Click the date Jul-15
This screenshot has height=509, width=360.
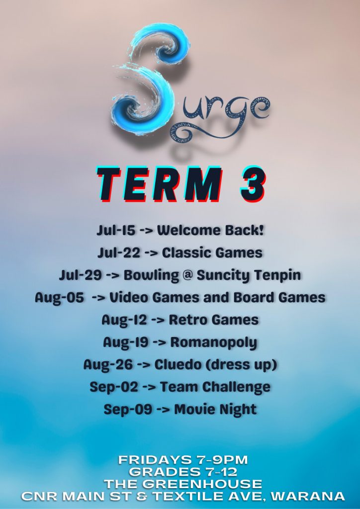pos(116,231)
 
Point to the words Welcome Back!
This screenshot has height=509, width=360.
pos(210,230)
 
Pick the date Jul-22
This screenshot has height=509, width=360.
pos(119,253)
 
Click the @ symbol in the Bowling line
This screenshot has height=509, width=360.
pos(187,275)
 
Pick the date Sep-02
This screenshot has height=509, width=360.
pos(113,387)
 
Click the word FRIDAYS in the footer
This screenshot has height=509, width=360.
pos(149,460)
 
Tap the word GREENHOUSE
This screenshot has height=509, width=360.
pos(202,484)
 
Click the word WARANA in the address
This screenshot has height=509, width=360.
pos(308,496)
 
